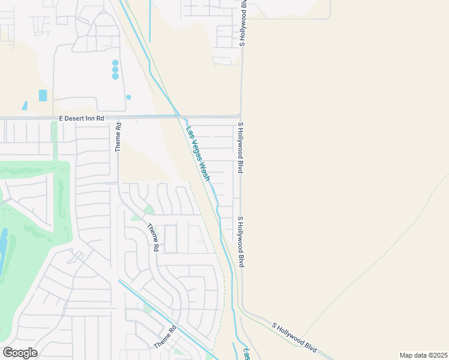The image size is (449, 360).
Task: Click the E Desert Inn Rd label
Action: [82, 119]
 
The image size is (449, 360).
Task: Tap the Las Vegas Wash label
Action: [198, 154]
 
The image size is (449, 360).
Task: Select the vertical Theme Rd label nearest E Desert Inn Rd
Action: [118, 137]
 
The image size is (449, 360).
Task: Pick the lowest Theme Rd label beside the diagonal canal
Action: [166, 337]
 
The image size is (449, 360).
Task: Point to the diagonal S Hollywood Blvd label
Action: [294, 336]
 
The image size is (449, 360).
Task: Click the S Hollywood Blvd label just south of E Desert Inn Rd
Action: [240, 148]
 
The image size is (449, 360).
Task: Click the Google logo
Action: [20, 353]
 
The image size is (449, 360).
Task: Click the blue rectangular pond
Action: [43, 95]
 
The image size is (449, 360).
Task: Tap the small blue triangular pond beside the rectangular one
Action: [25, 106]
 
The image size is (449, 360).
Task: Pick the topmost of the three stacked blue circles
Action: [115, 62]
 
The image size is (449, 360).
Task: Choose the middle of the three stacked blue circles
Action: [115, 70]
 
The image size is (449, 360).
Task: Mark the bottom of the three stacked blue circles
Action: [115, 76]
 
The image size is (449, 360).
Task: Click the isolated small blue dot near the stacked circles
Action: [128, 97]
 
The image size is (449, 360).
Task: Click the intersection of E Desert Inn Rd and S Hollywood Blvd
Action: [241, 117]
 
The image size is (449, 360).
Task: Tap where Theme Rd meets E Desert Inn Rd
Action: [118, 118]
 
